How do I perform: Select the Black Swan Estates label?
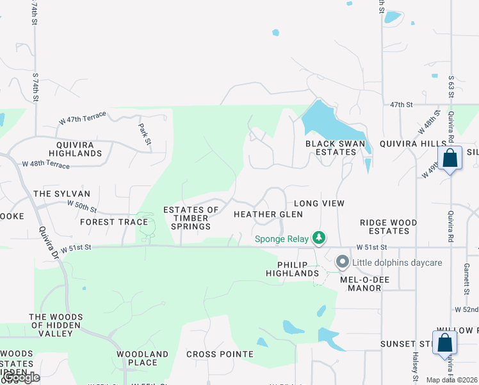click(x=330, y=148)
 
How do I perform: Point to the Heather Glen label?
click(x=268, y=214)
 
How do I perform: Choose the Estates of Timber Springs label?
click(x=191, y=218)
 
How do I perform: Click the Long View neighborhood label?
click(x=319, y=203)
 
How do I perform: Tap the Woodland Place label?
click(x=142, y=358)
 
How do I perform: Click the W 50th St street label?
click(x=82, y=207)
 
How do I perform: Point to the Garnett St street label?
click(x=467, y=275)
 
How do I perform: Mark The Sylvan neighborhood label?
click(x=61, y=194)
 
